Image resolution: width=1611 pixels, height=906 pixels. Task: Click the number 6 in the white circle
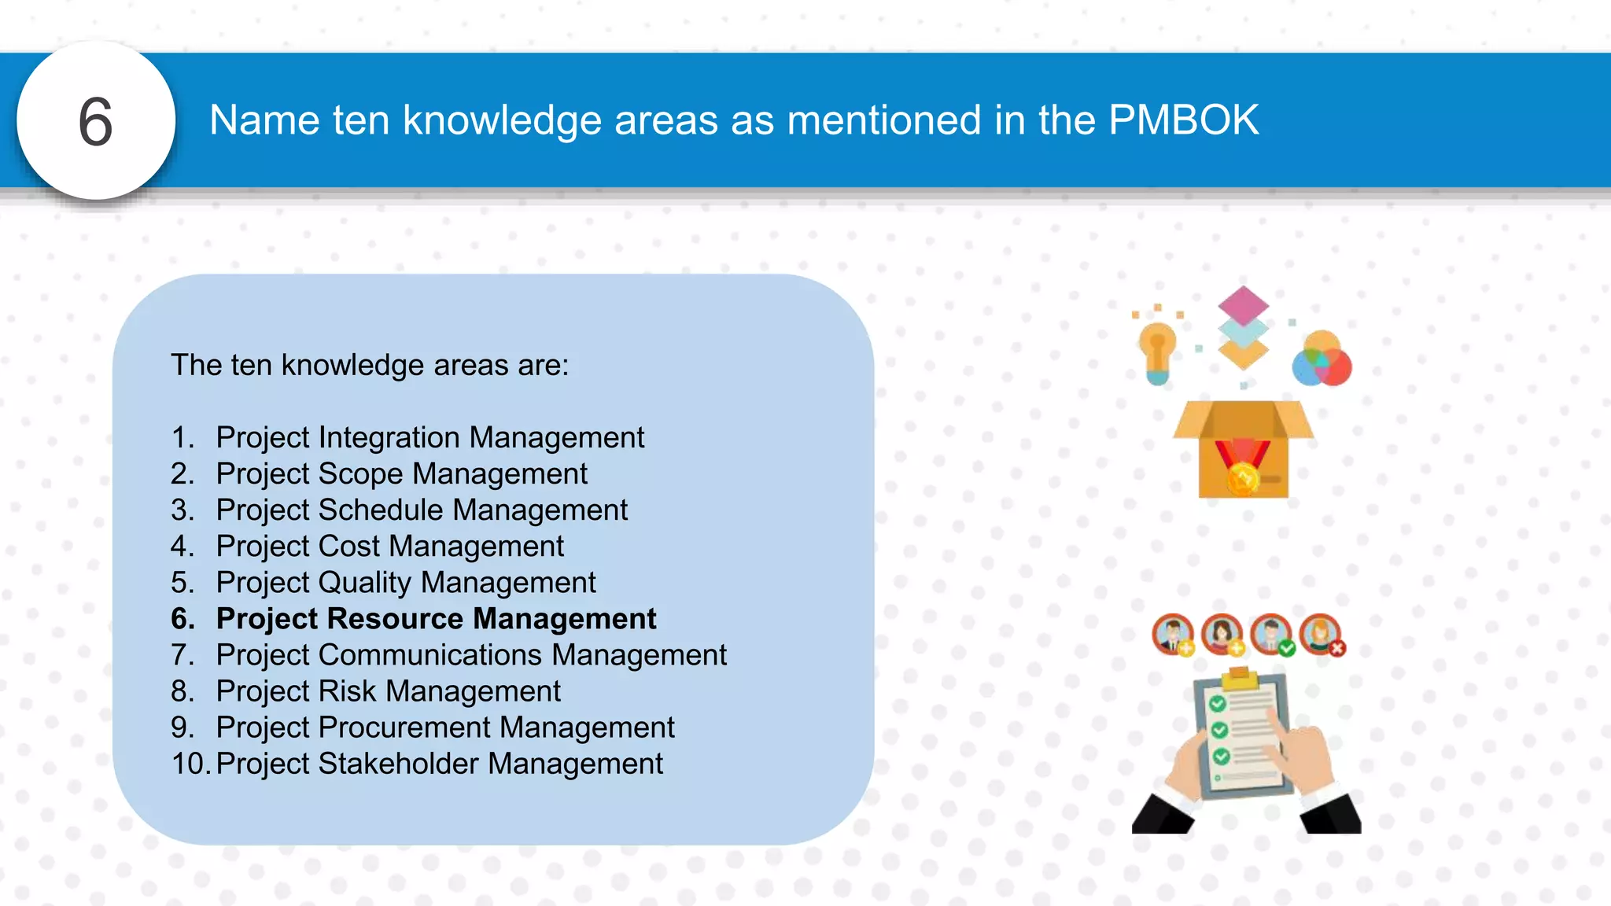point(96,122)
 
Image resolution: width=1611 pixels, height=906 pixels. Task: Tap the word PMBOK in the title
point(1183,120)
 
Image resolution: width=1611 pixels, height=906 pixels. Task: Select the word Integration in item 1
point(390,437)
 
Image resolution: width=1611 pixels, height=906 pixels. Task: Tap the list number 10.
point(190,763)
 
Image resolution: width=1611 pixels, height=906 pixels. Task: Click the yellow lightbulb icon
point(1157,352)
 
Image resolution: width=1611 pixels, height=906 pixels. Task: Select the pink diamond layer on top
point(1243,304)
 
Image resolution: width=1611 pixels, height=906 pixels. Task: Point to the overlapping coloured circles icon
point(1322,359)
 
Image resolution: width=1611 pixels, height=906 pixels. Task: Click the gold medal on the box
point(1243,477)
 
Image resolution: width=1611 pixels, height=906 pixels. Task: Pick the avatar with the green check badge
point(1271,634)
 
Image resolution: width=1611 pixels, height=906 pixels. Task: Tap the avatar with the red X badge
point(1320,634)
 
